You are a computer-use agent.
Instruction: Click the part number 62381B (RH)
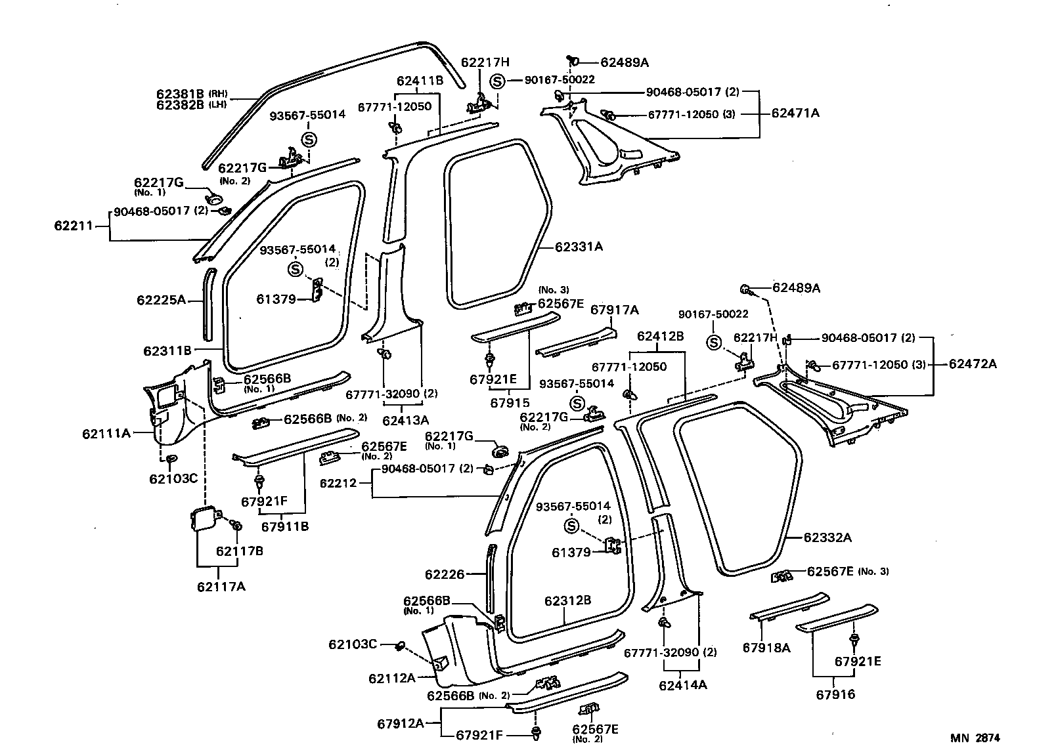click(x=192, y=93)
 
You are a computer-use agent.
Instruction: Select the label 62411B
click(x=420, y=81)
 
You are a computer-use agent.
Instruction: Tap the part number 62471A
click(x=795, y=113)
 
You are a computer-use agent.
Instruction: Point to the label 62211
click(x=74, y=226)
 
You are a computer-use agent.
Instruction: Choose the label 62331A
click(x=579, y=247)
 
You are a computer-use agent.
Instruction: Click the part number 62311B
click(x=167, y=351)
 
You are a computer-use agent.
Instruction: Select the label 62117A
click(x=221, y=587)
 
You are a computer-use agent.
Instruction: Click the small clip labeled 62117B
click(x=236, y=524)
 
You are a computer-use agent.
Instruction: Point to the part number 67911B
click(x=285, y=526)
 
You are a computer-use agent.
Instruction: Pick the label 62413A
click(x=405, y=420)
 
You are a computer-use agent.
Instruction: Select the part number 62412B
click(x=660, y=336)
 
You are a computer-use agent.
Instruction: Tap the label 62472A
click(x=973, y=364)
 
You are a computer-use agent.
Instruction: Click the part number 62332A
click(x=827, y=537)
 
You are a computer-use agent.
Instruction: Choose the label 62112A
click(x=392, y=679)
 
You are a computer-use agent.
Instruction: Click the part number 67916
click(x=835, y=694)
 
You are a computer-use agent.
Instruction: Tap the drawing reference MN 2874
click(x=975, y=738)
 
